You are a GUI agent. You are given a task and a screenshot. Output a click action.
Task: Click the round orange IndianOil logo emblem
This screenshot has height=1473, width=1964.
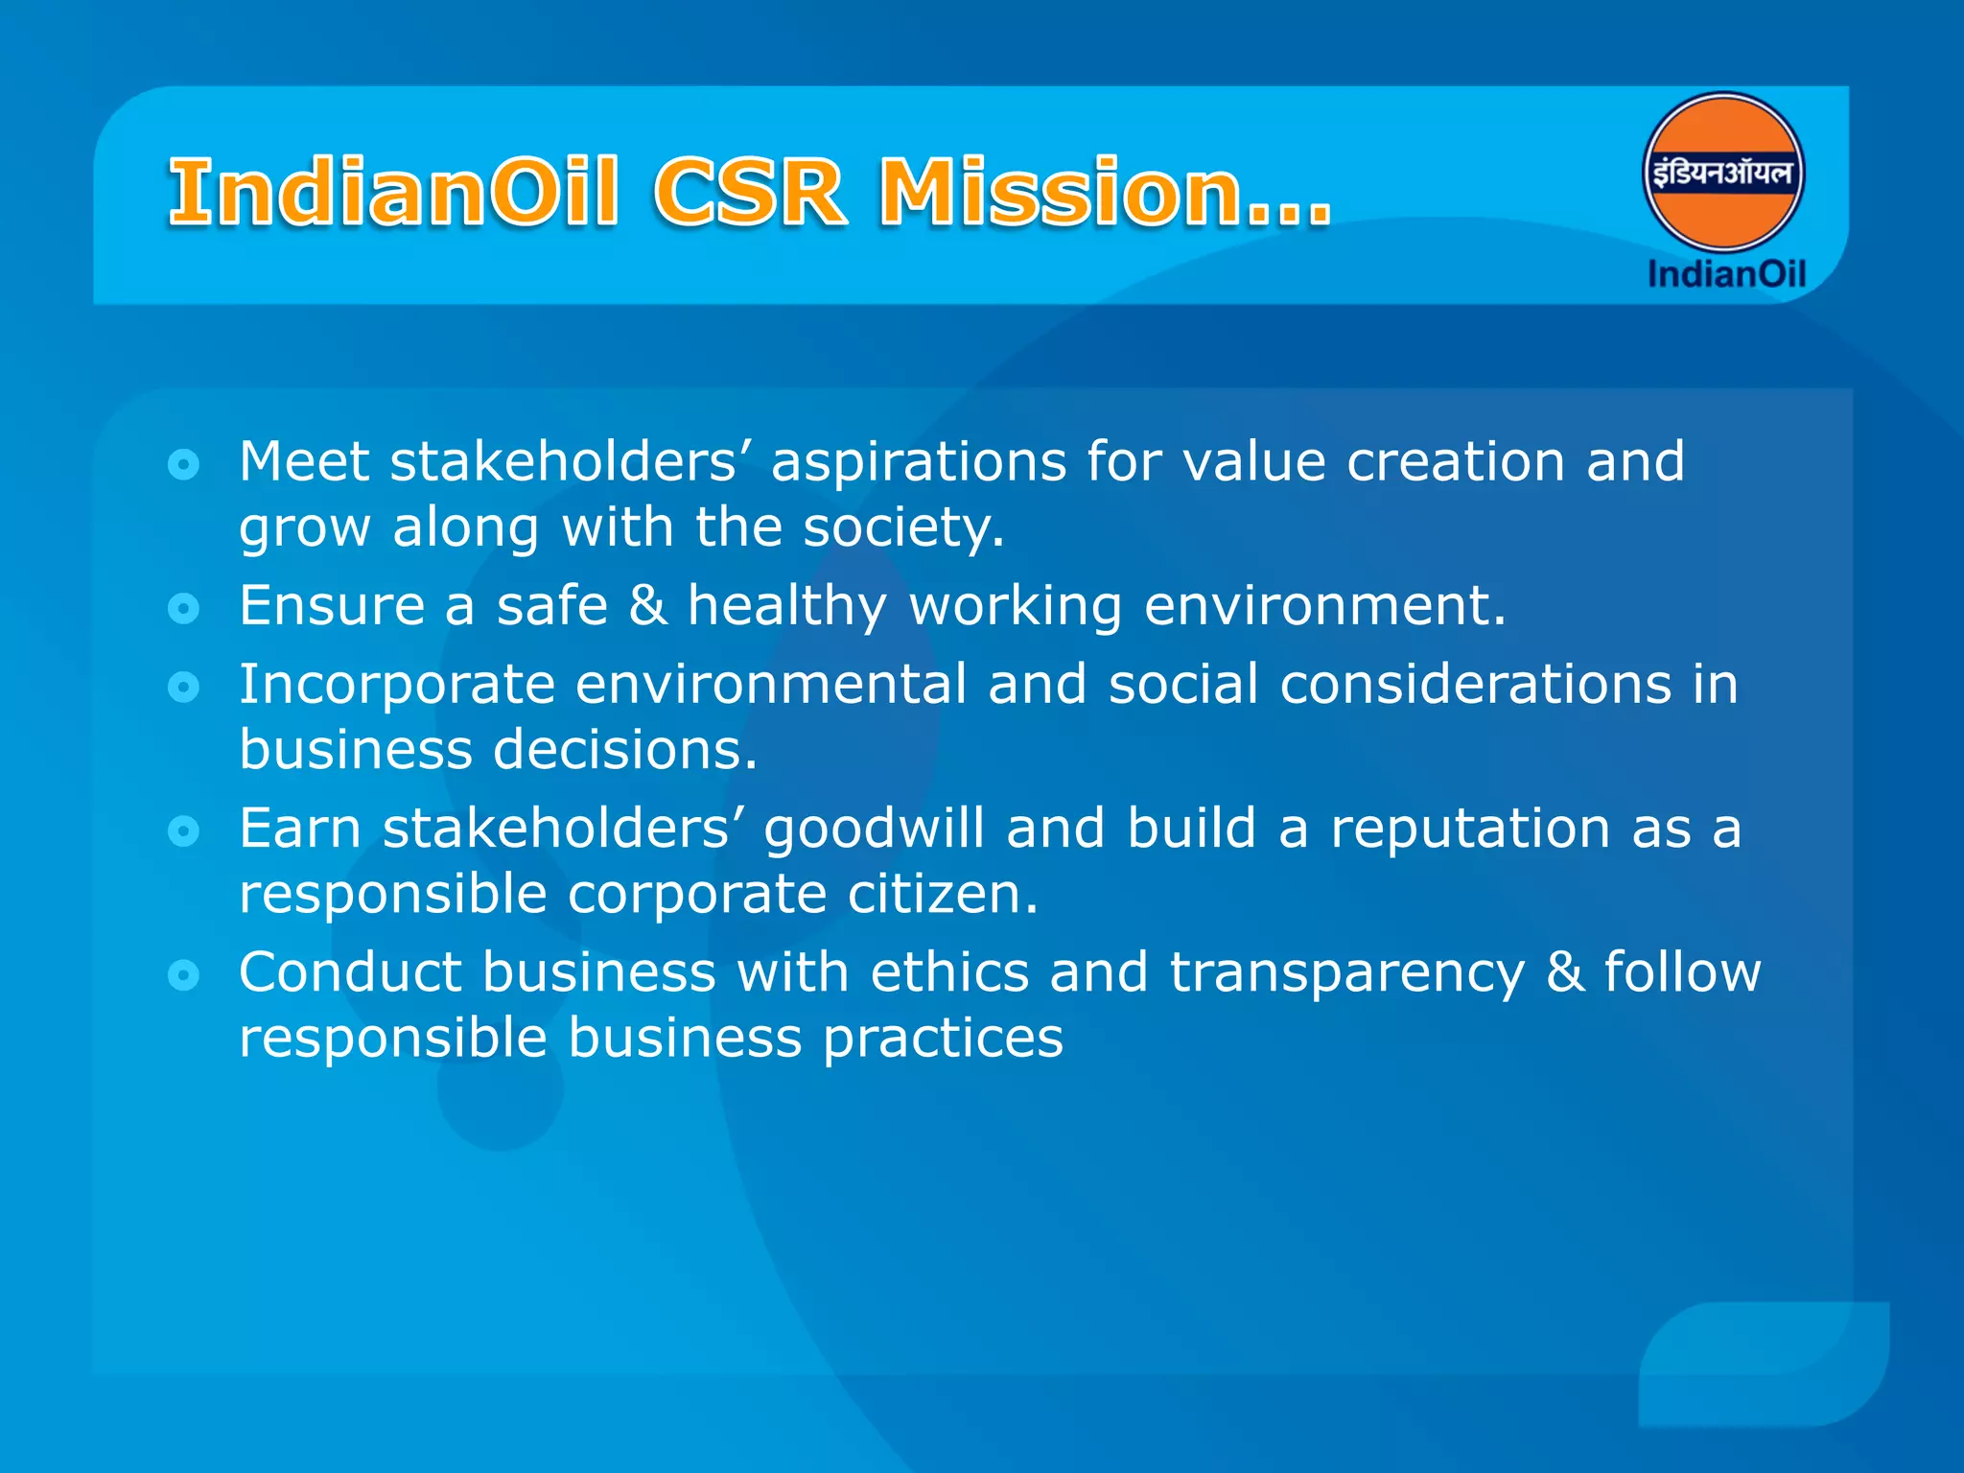[x=1723, y=174]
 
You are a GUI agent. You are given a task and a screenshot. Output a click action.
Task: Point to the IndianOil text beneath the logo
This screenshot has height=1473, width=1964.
[x=1726, y=274]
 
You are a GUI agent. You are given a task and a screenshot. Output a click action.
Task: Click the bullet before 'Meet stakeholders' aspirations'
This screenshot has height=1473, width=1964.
[x=183, y=465]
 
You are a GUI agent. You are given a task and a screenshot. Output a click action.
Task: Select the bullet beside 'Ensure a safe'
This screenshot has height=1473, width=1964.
[x=183, y=608]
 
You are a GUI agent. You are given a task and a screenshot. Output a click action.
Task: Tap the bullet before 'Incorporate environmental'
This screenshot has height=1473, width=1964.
[x=183, y=687]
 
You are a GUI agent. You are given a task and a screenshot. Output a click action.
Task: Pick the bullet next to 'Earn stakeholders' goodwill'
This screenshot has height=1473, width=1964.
[x=183, y=830]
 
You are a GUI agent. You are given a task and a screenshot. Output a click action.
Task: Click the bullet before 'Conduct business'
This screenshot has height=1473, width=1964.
[x=183, y=975]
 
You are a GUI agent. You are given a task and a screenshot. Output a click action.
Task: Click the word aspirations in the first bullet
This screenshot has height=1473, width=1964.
[x=918, y=463]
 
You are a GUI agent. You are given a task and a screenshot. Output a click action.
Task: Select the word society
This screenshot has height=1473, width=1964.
[x=902, y=528]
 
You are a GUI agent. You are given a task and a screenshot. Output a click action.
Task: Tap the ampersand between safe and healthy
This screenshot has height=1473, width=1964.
[x=648, y=606]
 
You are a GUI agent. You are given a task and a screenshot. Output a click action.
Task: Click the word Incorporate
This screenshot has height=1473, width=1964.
[x=397, y=686]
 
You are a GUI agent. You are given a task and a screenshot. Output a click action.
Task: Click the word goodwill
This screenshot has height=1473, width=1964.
[x=874, y=830]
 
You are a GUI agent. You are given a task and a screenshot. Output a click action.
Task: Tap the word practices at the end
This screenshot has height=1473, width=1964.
[x=943, y=1039]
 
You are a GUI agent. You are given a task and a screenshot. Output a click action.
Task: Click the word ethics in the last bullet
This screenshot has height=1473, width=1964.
[x=949, y=973]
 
